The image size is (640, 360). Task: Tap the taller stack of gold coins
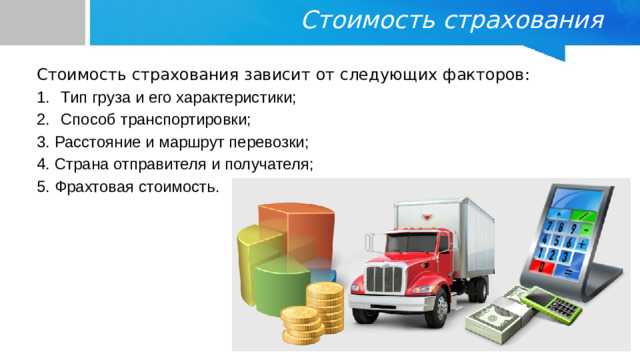point(324,306)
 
